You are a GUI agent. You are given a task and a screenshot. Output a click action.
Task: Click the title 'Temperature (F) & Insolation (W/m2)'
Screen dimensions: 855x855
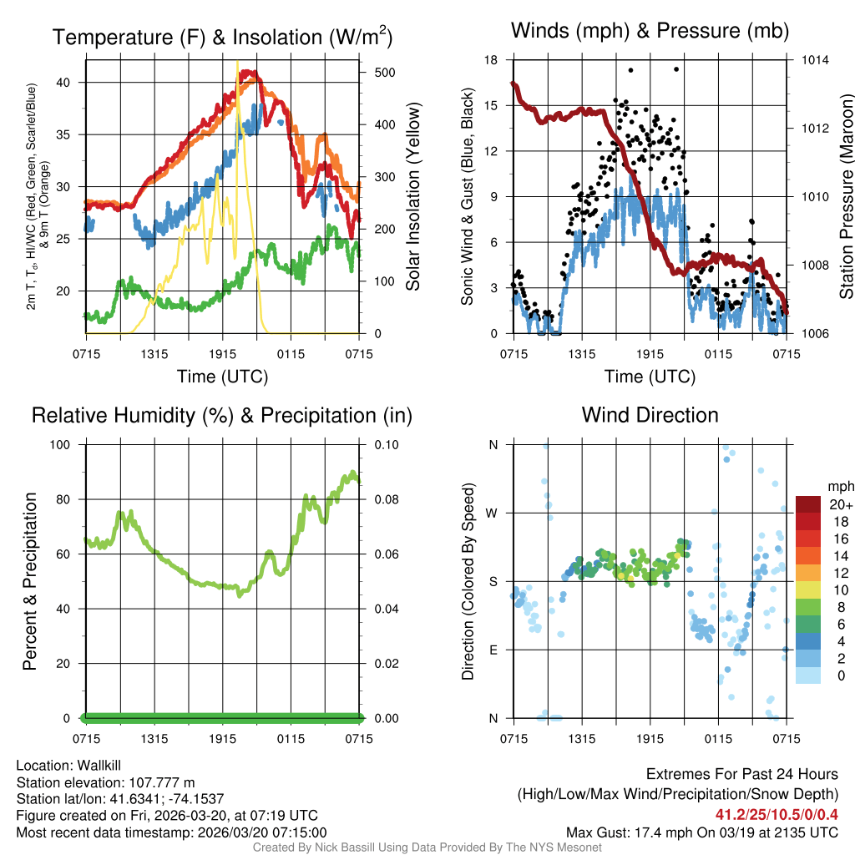(222, 37)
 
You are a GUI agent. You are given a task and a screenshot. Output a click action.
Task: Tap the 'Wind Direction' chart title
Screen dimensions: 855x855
(650, 415)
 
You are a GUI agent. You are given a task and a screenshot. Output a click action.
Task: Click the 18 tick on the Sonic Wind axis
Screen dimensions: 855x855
(491, 60)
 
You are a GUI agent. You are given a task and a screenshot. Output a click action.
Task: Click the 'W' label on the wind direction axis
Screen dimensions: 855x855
(492, 513)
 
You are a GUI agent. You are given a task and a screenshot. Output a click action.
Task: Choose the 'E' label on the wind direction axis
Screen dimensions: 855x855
(493, 650)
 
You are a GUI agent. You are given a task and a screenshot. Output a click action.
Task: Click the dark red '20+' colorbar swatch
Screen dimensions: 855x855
(809, 503)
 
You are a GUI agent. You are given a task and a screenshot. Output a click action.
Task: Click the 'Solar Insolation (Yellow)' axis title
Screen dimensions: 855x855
(412, 197)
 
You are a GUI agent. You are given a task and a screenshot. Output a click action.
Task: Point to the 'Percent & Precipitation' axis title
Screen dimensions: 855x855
(30, 581)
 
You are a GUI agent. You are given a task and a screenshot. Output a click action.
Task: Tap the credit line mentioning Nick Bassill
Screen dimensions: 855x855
(427, 847)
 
